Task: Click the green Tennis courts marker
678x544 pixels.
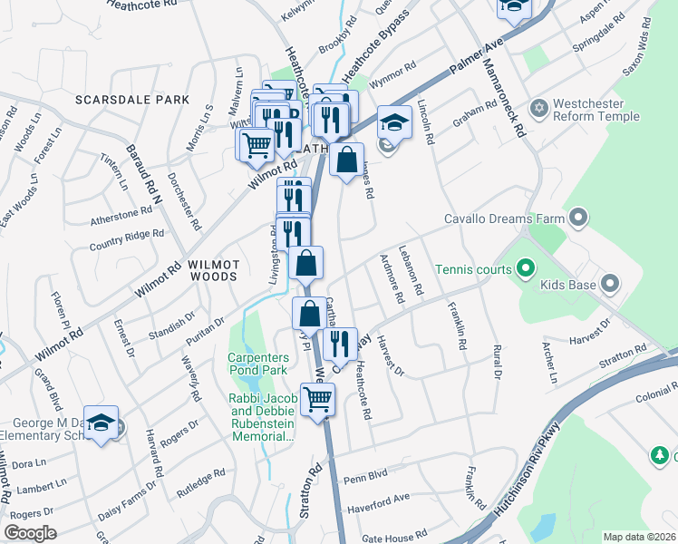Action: tap(524, 268)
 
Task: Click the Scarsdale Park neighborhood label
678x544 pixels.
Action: tap(132, 100)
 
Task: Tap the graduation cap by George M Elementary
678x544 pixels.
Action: tap(102, 422)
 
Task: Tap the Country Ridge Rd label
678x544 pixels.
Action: tap(126, 238)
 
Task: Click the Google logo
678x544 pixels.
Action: tap(31, 532)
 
